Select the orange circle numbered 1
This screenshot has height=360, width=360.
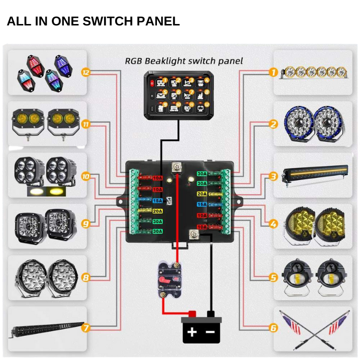274,73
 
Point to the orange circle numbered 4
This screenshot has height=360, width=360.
274,224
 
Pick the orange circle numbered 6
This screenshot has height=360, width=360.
274,329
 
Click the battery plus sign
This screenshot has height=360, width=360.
192,332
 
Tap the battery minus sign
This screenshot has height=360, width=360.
210,332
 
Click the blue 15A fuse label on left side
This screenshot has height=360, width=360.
157,200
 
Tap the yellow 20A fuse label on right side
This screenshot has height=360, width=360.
202,194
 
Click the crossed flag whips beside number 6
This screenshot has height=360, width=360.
315,329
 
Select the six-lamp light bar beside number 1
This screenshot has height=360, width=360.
315,72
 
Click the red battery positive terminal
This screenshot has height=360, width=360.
192,314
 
